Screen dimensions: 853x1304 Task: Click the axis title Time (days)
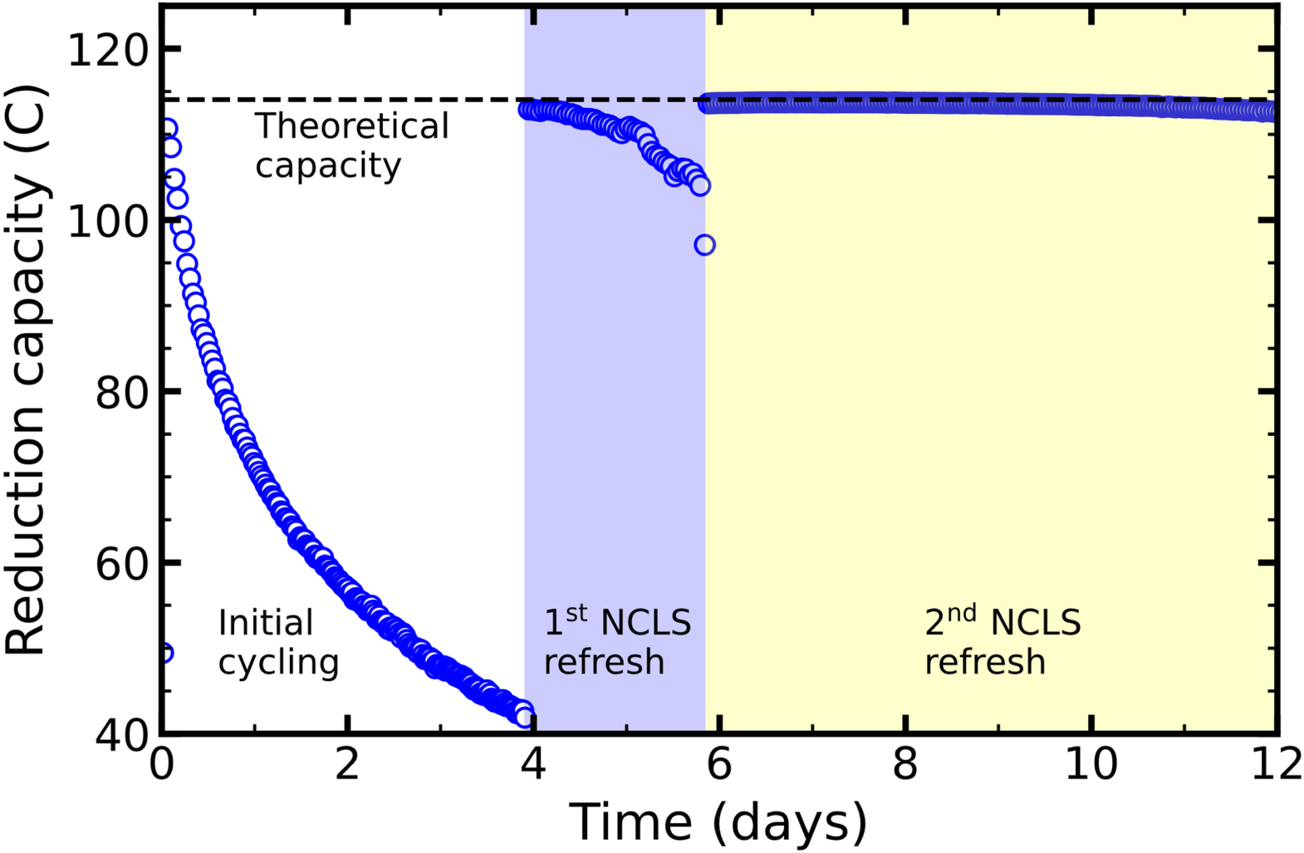coord(718,822)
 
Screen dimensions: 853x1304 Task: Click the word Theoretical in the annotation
coord(351,127)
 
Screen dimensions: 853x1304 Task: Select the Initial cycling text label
coord(278,642)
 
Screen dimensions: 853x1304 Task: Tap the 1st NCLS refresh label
coord(616,642)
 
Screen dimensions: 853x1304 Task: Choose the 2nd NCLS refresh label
coord(1003,642)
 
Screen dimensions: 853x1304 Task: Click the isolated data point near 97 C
coord(704,245)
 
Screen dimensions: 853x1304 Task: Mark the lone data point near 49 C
coord(164,653)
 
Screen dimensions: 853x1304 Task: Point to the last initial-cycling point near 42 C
coord(524,715)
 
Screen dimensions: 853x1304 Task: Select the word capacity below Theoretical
coord(328,166)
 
